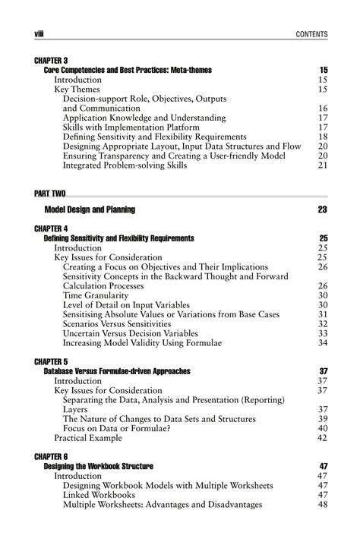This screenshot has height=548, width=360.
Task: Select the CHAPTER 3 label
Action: point(52,60)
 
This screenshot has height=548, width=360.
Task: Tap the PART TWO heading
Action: point(52,194)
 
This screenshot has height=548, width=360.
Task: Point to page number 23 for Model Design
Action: point(322,209)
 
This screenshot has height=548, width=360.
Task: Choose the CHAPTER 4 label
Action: point(52,228)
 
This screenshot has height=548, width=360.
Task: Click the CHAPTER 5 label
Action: point(52,361)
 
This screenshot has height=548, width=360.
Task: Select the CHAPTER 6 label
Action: point(52,456)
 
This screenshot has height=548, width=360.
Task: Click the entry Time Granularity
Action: point(101,295)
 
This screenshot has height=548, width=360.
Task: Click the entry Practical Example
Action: point(90,437)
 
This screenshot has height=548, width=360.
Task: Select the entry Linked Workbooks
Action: point(103,495)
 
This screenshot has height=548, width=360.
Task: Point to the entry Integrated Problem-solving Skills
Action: point(131,165)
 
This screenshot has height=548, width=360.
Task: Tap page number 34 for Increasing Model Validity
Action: point(322,342)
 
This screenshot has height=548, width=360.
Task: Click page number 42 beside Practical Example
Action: point(322,437)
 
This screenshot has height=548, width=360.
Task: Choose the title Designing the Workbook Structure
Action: point(99,466)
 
